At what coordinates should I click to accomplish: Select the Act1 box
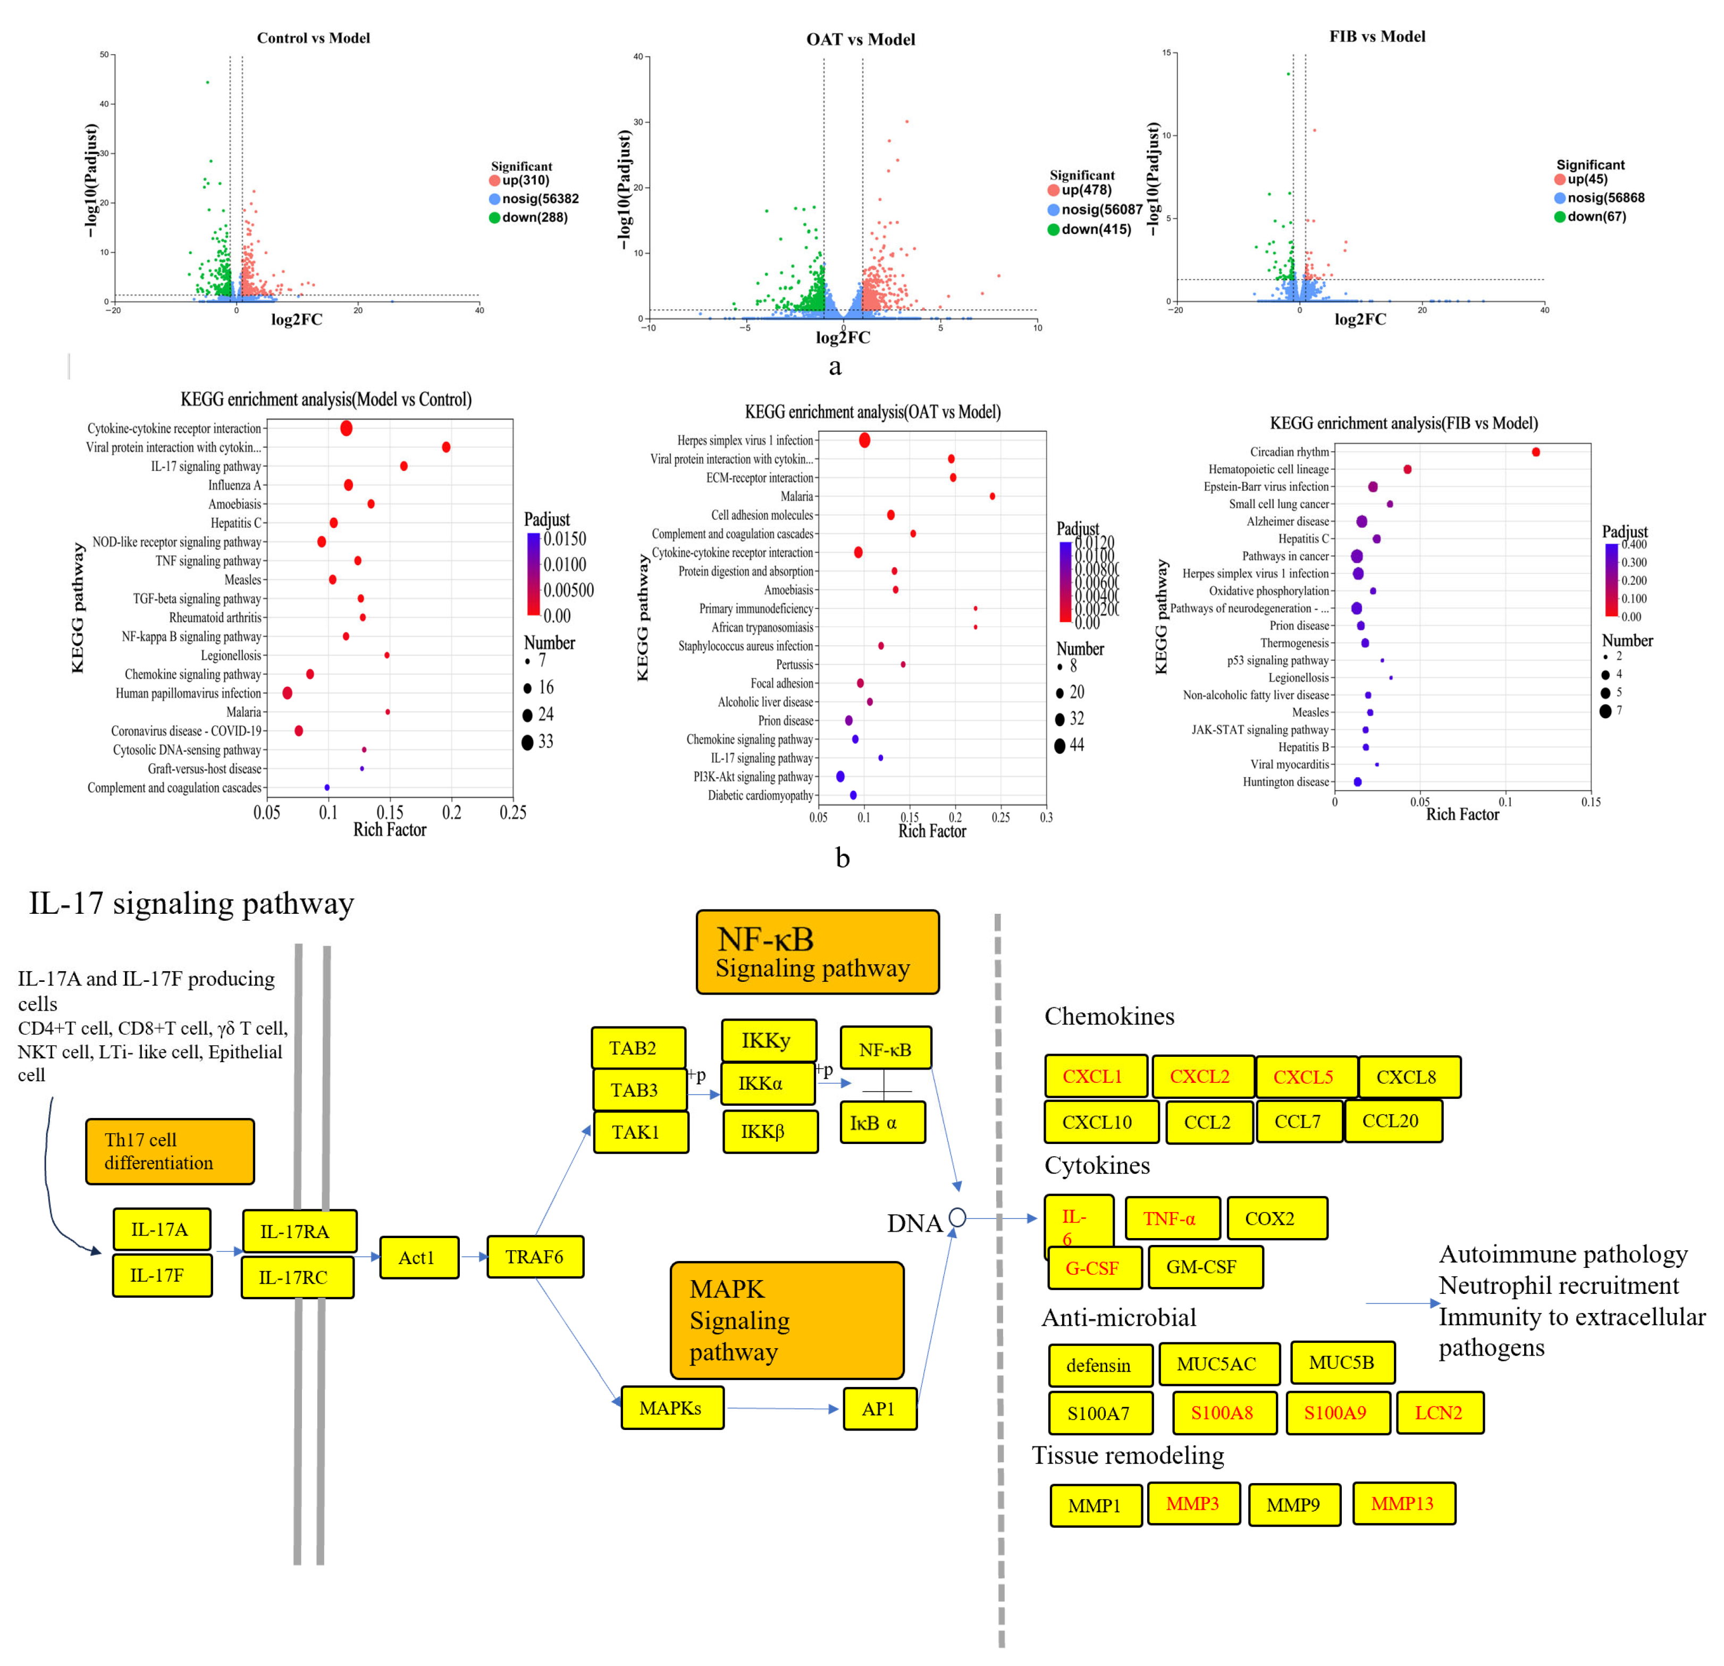coord(419,1257)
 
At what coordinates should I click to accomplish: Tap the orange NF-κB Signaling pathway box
coord(817,952)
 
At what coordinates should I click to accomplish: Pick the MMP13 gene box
coord(1403,1503)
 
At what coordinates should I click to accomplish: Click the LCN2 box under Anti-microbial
coord(1439,1412)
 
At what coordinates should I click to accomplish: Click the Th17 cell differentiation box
coord(170,1151)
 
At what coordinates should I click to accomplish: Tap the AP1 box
coord(880,1408)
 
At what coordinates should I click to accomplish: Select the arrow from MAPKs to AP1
coord(783,1408)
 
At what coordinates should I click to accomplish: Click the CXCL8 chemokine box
coord(1408,1076)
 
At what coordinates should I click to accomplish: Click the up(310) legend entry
coord(524,180)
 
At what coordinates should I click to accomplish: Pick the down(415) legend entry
coord(1094,229)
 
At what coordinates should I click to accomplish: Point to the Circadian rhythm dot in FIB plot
coord(1536,452)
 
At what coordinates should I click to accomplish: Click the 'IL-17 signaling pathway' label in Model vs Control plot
coord(206,466)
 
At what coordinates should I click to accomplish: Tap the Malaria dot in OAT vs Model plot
coord(992,496)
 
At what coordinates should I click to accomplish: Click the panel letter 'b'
coord(843,857)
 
